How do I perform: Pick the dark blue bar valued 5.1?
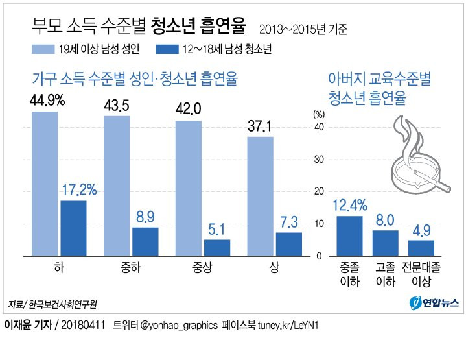(217, 248)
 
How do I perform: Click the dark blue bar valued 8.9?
(145, 242)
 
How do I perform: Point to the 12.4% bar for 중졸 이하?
(349, 236)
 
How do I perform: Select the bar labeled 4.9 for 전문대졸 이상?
(421, 248)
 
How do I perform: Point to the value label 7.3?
(289, 222)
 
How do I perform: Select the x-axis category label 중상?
(202, 268)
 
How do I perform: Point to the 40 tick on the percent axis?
(318, 127)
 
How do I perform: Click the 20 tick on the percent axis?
(318, 192)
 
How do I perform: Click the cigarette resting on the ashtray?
(433, 182)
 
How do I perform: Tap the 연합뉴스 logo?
(434, 302)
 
